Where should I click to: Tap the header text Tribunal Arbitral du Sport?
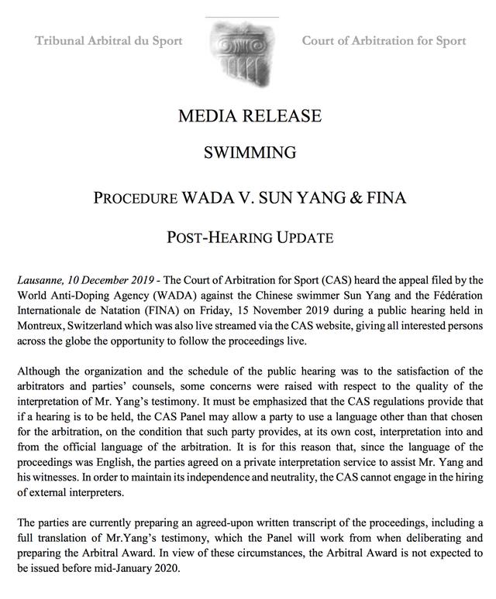108,40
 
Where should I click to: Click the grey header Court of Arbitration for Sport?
384,40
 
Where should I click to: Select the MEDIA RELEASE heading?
249,116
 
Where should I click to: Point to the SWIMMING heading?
249,152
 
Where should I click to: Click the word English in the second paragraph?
129,462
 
